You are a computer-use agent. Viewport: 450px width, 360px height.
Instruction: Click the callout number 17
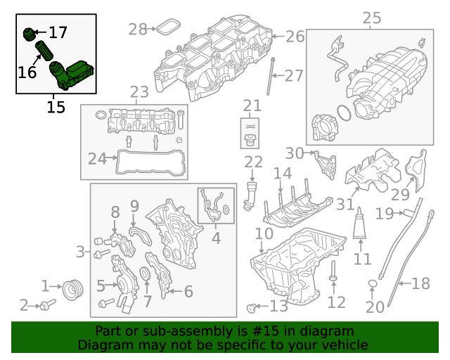58,32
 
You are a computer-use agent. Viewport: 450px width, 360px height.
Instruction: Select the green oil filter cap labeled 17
29,33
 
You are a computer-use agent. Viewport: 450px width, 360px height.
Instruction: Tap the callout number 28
138,29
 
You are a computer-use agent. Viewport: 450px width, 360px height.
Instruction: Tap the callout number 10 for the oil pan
264,233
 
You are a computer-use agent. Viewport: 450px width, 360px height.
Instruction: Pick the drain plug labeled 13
252,306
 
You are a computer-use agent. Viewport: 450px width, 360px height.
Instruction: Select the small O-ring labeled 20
373,283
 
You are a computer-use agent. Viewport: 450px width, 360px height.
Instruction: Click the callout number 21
252,106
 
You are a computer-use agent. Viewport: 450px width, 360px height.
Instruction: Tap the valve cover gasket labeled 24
151,170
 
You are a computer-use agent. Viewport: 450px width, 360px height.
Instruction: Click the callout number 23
139,92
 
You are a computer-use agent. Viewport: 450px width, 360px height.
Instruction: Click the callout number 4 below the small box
216,238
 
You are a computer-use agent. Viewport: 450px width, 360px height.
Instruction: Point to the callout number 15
56,107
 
